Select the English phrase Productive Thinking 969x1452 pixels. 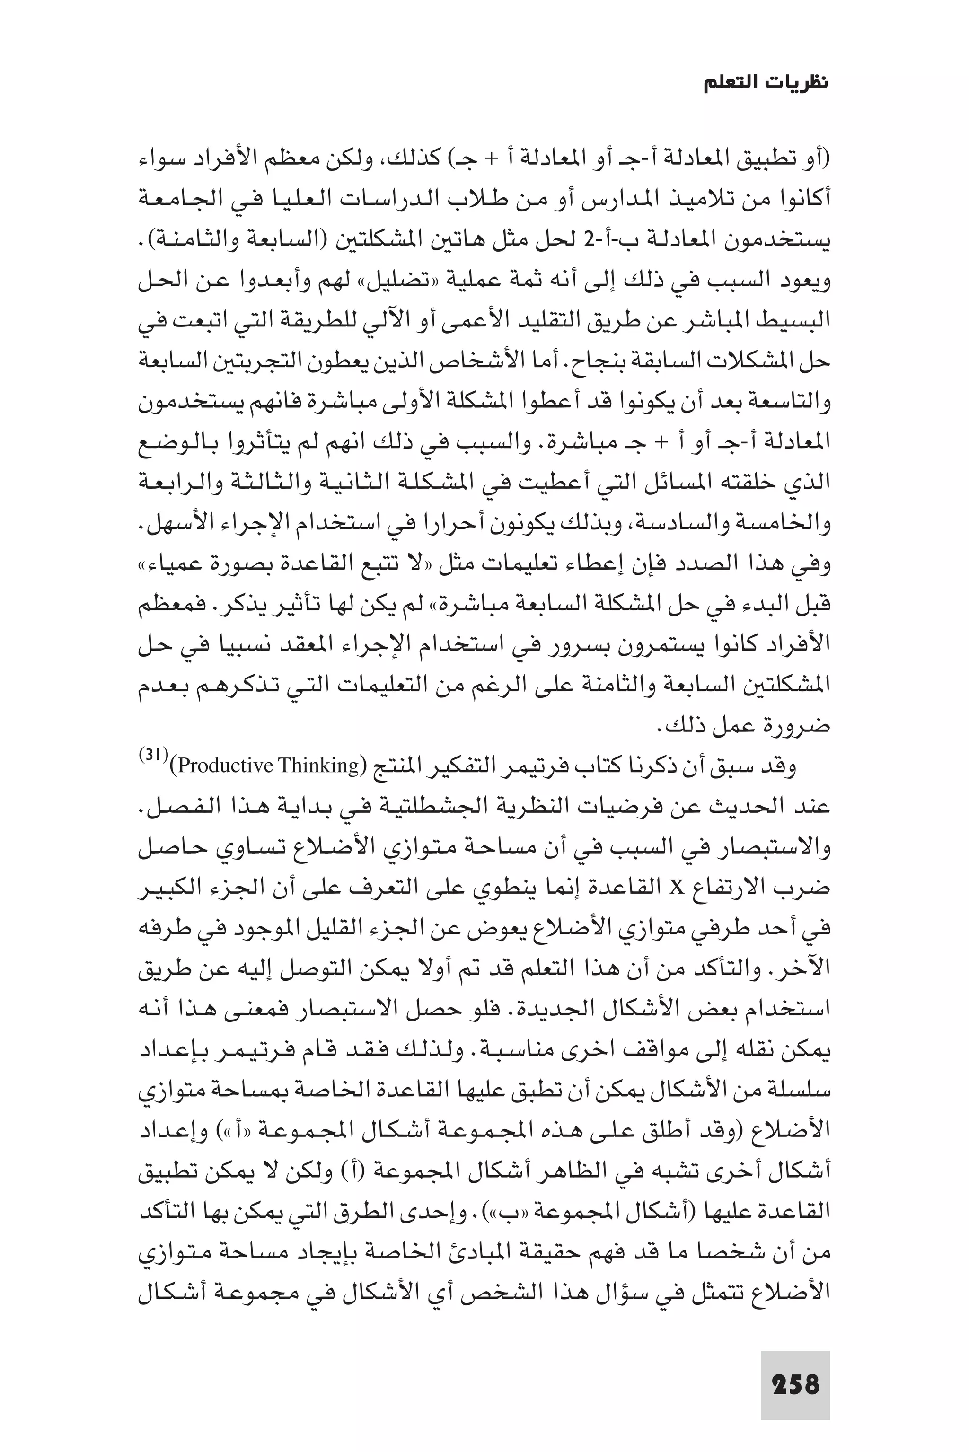point(268,766)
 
